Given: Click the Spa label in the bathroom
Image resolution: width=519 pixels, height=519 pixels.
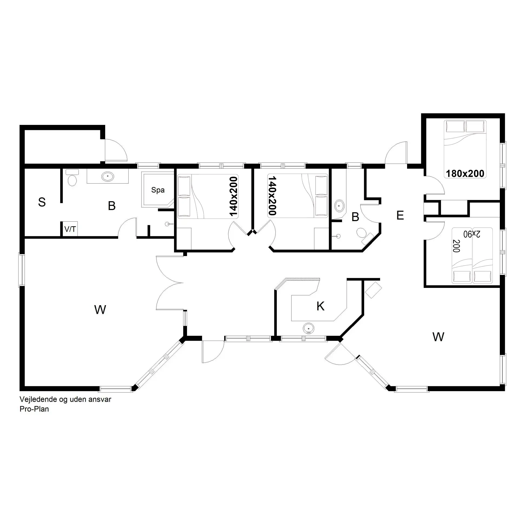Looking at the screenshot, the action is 158,190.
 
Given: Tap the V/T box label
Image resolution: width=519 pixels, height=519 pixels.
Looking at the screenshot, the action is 70,229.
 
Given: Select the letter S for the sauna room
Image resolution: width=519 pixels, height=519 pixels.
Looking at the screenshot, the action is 42,202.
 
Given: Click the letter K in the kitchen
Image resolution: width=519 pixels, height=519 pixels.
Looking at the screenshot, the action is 320,306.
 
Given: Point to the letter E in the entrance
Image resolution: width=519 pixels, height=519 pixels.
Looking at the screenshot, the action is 400,215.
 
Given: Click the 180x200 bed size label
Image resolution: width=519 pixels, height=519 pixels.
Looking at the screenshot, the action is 465,173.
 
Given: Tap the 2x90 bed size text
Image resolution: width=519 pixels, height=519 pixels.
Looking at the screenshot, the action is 472,234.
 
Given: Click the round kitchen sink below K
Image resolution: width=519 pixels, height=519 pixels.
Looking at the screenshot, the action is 308,328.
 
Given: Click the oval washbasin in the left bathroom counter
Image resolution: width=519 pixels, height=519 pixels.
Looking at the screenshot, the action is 108,176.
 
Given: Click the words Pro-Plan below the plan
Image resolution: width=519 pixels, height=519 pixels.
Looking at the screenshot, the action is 34,409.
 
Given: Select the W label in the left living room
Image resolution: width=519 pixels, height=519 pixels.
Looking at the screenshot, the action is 100,310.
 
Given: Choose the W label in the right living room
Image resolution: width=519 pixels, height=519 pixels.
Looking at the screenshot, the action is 438,337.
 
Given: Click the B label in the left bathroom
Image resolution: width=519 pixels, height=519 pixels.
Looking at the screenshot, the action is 112,206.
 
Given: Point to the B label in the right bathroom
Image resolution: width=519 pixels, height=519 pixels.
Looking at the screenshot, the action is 355,217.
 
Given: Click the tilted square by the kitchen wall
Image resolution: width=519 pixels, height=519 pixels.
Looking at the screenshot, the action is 373,290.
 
